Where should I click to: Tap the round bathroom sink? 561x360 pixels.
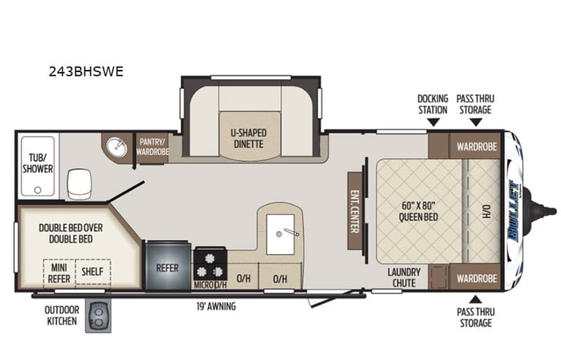coord(117,147)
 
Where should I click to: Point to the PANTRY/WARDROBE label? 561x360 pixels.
coord(153,147)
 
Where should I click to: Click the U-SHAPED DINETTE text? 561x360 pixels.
coord(247,137)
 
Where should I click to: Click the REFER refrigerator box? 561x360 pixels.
coord(167,269)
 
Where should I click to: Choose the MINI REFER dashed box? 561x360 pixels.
coord(59,272)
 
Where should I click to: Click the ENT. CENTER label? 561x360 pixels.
coord(355,210)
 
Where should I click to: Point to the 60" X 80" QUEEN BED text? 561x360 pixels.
coord(418,211)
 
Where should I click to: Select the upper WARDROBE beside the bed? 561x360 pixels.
coord(477,146)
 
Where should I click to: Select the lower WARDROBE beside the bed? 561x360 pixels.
coord(477,277)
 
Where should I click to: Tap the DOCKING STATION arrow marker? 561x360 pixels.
coord(432,121)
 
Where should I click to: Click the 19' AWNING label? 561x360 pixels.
coord(216,306)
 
